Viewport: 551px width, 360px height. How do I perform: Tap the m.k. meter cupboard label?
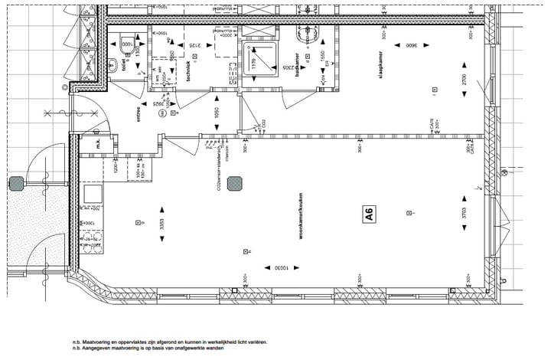[x=98, y=144]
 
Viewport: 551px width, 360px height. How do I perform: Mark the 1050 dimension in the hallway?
[x=217, y=114]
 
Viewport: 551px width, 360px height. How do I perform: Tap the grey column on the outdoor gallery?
[x=17, y=183]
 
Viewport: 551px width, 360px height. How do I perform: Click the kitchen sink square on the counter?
[x=93, y=195]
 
